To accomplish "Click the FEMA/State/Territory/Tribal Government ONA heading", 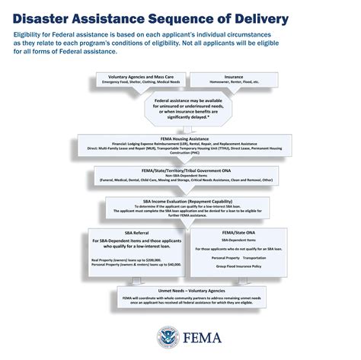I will (x=180, y=170).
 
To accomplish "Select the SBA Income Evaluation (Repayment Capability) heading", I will (x=180, y=201).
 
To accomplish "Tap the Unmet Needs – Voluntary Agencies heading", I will (x=180, y=291).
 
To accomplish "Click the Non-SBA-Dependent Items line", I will (x=180, y=176).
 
